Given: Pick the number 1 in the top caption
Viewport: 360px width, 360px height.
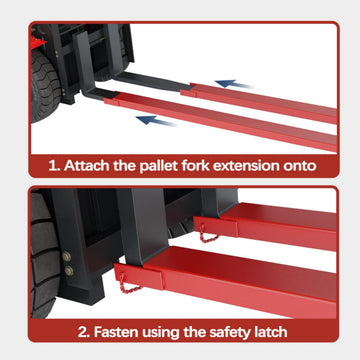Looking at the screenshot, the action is [x=54, y=166].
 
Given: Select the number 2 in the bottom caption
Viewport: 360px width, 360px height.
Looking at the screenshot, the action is [x=84, y=332].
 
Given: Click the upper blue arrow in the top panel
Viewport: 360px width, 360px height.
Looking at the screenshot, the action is [x=233, y=84].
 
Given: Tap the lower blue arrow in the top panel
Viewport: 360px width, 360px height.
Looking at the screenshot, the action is [x=155, y=120].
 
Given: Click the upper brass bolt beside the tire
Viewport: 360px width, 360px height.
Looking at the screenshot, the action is [x=66, y=256].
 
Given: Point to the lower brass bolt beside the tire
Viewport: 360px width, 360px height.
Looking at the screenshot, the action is [x=69, y=271].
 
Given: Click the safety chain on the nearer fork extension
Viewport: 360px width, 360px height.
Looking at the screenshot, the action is [x=128, y=284].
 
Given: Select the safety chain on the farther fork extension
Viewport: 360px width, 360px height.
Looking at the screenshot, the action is [x=208, y=234].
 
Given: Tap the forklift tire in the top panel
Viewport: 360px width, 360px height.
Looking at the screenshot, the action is [x=45, y=86].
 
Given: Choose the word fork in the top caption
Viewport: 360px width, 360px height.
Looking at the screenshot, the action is [x=196, y=166].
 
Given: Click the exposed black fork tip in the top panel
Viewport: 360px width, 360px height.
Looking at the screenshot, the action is [x=152, y=81].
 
